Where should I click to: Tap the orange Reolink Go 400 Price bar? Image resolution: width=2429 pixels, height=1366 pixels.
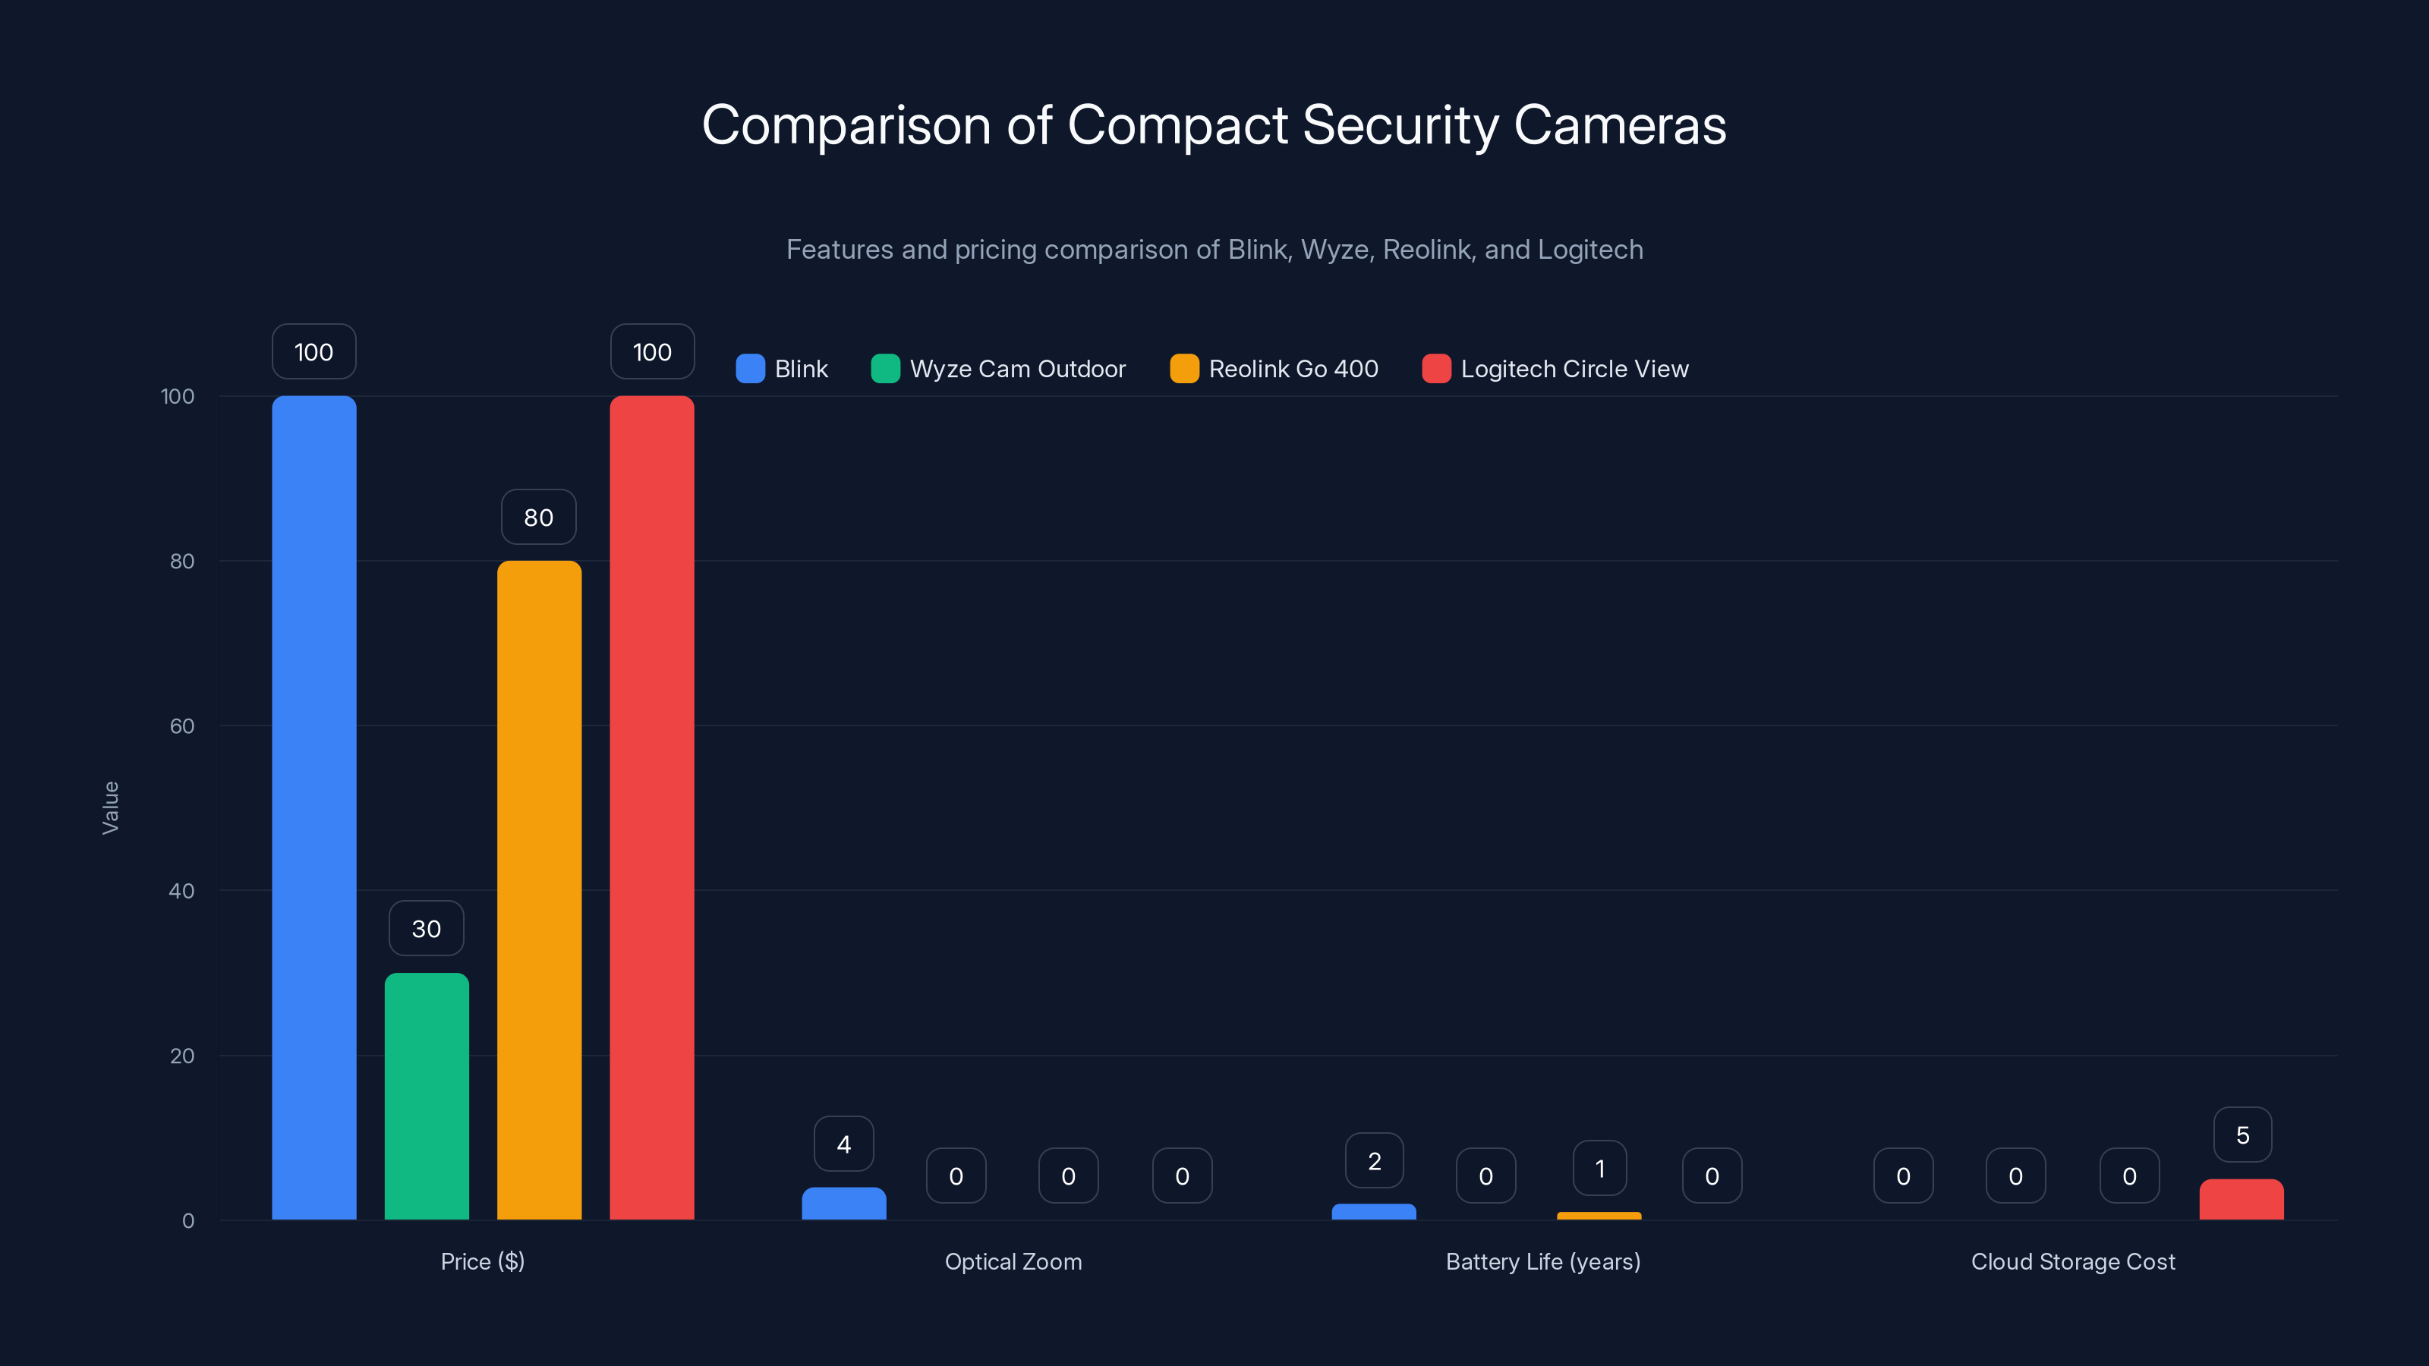[x=538, y=890]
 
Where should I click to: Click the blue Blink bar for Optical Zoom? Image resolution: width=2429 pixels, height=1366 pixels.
[x=843, y=1204]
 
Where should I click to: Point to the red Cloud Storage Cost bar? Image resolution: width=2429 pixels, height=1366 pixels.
[x=2242, y=1200]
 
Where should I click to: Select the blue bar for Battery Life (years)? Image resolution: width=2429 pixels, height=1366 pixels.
[x=1373, y=1211]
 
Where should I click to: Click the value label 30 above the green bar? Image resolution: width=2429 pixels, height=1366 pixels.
[x=426, y=929]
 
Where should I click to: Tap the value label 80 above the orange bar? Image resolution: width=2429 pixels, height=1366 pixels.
[x=538, y=517]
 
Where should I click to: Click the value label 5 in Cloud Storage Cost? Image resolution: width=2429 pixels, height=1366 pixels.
[x=2242, y=1135]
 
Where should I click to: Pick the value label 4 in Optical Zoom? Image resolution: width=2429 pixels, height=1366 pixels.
[x=843, y=1144]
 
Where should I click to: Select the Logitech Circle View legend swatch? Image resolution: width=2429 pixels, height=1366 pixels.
[x=1435, y=369]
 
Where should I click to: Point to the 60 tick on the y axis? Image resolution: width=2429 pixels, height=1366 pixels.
[x=182, y=726]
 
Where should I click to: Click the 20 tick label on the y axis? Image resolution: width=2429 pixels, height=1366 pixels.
[x=182, y=1056]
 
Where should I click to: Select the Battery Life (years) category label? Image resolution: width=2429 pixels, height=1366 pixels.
[x=1542, y=1261]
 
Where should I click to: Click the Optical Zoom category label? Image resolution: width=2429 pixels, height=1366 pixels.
[x=1013, y=1261]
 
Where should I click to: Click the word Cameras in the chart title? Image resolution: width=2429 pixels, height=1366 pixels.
[x=1619, y=124]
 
